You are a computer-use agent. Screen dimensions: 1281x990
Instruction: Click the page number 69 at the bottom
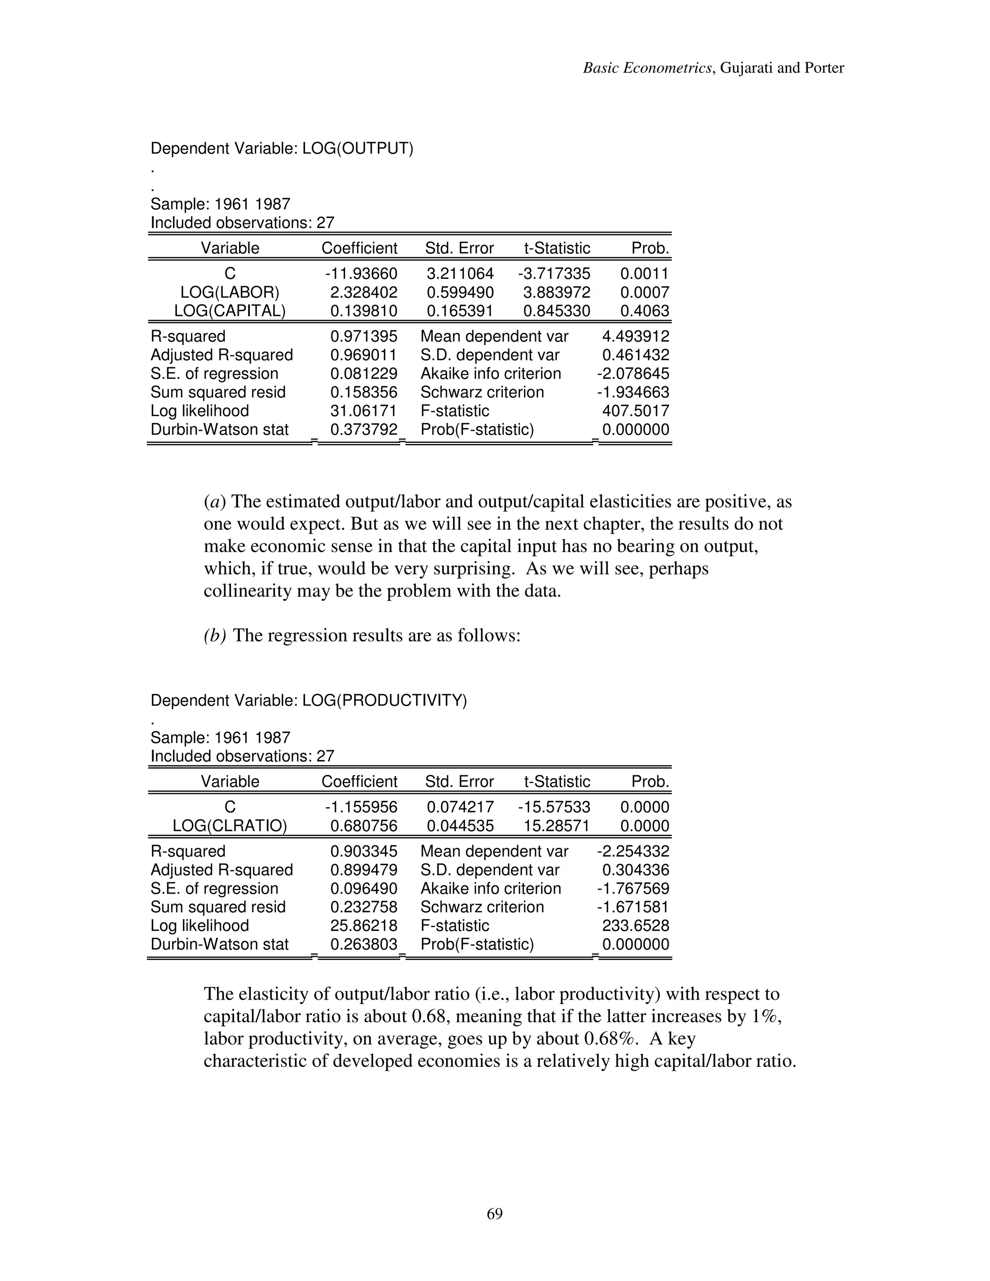pos(495,1213)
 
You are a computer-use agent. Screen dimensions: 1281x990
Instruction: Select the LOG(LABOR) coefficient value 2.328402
pos(364,292)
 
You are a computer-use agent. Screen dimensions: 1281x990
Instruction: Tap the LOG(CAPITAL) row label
pos(230,311)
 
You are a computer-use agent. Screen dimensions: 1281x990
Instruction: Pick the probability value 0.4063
pos(644,311)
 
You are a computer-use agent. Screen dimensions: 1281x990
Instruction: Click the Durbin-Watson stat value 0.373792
pos(364,429)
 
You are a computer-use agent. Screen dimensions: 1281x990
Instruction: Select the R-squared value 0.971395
pos(364,336)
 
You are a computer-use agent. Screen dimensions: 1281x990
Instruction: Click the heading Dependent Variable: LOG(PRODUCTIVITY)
pos(308,700)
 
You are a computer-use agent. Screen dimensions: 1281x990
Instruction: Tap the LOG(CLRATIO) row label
pos(230,826)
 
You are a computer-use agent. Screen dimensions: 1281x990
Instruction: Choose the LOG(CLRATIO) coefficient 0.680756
pos(364,826)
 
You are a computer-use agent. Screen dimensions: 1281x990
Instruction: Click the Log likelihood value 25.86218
pos(364,926)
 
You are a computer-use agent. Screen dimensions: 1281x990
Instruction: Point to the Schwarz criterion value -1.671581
pos(633,907)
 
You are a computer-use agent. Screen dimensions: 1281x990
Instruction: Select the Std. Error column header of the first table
pos(459,248)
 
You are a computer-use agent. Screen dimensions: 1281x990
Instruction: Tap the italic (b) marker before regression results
pos(215,636)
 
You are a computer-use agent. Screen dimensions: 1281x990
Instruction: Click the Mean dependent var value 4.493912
pos(635,336)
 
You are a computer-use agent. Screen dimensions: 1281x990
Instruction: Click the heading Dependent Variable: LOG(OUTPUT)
pos(281,148)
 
